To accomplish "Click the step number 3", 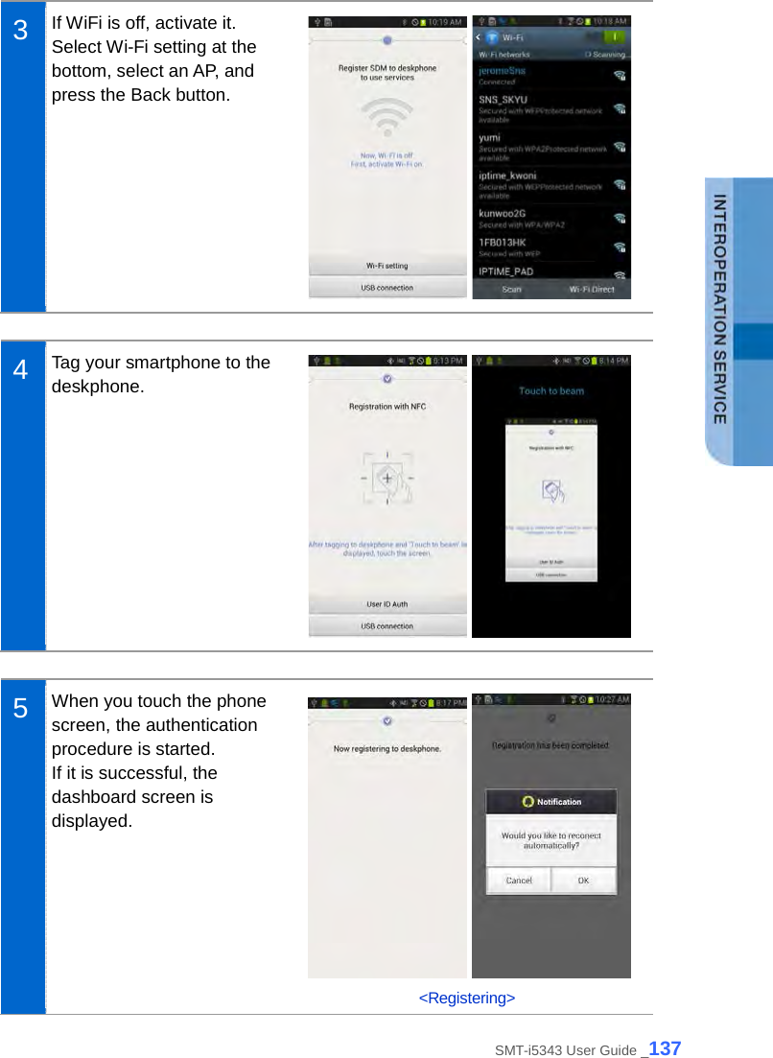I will coord(20,30).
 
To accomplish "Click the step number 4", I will coord(20,370).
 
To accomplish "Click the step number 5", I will coord(20,710).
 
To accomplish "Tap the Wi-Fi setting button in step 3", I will coord(386,266).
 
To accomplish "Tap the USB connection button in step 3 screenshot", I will coord(386,288).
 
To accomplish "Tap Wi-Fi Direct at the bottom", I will coord(591,290).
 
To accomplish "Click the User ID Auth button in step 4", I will coord(386,604).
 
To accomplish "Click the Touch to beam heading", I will coord(551,390).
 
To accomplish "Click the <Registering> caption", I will coord(467,999).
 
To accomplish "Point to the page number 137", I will coord(665,1048).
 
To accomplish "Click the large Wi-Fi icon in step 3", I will coord(386,120).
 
